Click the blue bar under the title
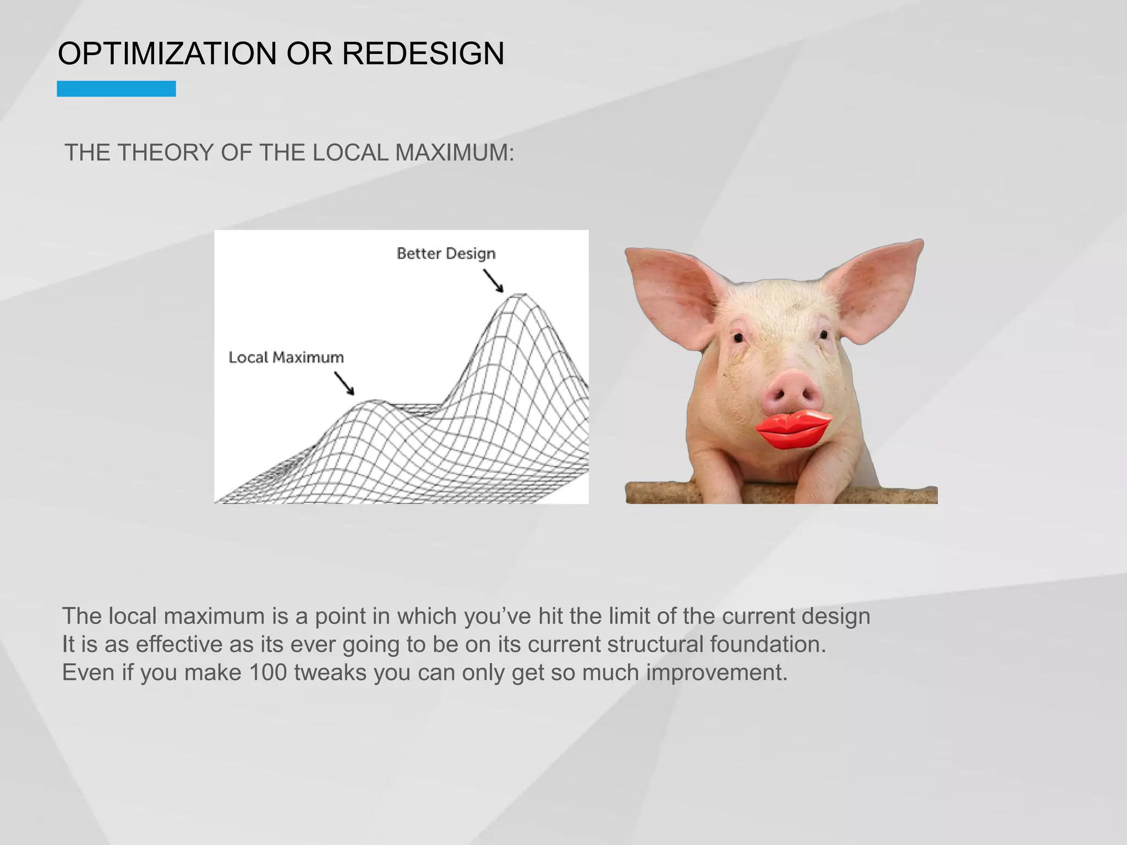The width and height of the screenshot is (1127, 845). pyautogui.click(x=116, y=89)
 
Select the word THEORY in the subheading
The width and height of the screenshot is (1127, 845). pyautogui.click(x=166, y=152)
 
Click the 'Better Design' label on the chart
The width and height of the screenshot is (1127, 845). pyautogui.click(x=446, y=253)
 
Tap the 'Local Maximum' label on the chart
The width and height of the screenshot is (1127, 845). pyautogui.click(x=286, y=358)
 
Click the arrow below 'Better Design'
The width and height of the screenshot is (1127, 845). pyautogui.click(x=493, y=281)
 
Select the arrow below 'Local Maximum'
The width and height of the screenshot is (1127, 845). pyautogui.click(x=344, y=383)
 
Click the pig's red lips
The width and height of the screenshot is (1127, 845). pyautogui.click(x=793, y=428)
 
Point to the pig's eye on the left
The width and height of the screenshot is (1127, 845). pyautogui.click(x=738, y=337)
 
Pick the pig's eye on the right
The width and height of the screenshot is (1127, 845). pyautogui.click(x=824, y=334)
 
